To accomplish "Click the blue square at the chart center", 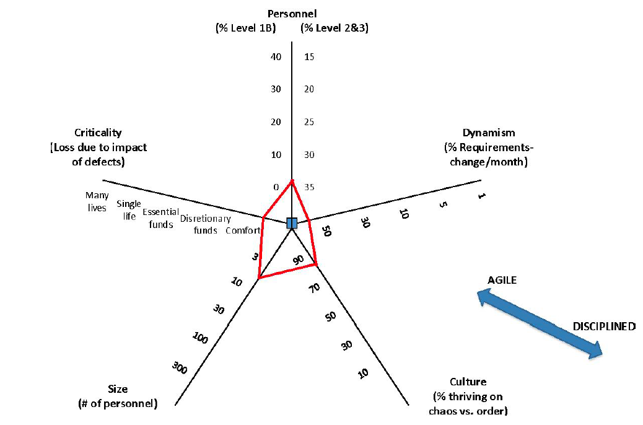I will tap(292, 224).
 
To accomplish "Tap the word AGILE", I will tap(502, 281).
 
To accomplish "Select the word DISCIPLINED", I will tap(604, 326).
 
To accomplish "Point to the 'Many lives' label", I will tap(97, 201).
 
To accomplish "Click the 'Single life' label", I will tap(129, 210).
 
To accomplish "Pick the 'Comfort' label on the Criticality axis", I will tap(243, 230).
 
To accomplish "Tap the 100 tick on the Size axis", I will tap(199, 338).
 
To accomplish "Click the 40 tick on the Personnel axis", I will tap(276, 57).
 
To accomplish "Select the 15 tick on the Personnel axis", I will tap(309, 57).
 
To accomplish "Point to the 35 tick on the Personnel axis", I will tap(309, 187).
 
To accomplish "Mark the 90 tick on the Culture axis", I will tap(299, 260).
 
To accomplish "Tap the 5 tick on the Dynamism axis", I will tap(442, 204).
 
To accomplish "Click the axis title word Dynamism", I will tap(489, 133).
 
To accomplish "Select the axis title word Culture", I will tap(468, 382).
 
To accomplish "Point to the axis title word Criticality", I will tap(98, 133).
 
